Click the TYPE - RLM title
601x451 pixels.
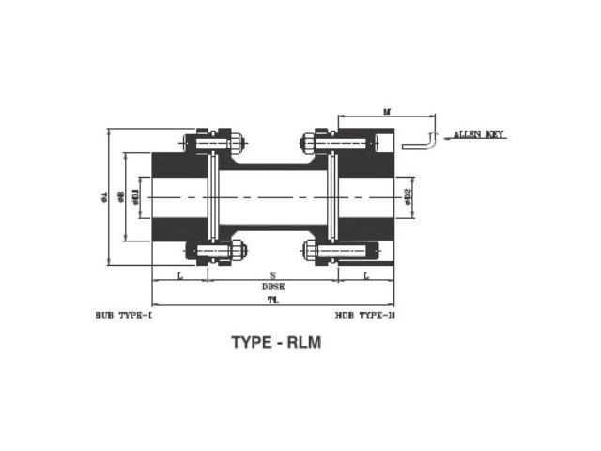click(276, 343)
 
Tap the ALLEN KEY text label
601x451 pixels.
click(479, 135)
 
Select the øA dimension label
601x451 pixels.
click(104, 197)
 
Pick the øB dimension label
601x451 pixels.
click(122, 197)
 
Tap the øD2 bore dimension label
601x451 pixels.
click(408, 196)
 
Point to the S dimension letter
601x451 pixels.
click(272, 275)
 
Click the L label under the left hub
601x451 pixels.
click(179, 275)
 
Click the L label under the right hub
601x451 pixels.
click(365, 275)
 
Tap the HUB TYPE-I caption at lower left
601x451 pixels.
click(124, 316)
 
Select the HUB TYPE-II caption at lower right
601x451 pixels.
click(365, 316)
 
